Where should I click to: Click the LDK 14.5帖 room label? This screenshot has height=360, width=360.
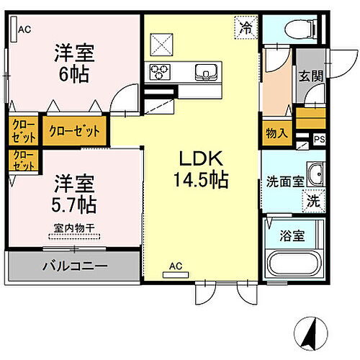[199, 170]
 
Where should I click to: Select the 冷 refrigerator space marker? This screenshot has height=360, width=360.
[246, 30]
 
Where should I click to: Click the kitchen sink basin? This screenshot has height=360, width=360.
[204, 71]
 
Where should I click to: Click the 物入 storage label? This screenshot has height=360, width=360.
[276, 133]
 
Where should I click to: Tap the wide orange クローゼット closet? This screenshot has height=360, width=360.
[74, 132]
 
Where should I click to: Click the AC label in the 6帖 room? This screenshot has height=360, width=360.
[24, 30]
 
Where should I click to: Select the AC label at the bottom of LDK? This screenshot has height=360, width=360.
[176, 266]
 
